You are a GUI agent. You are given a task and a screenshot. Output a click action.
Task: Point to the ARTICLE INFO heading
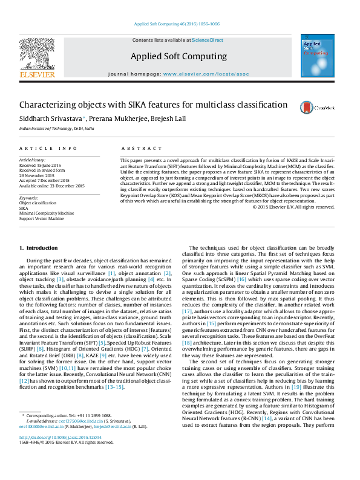[48, 148]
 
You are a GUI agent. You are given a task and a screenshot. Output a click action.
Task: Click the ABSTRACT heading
[133, 148]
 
